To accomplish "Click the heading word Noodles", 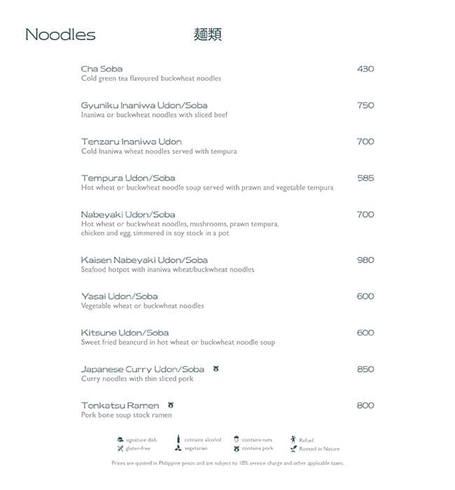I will [60, 35].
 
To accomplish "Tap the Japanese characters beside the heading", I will [207, 35].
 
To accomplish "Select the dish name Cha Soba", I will [101, 69].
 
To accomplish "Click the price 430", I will [365, 69].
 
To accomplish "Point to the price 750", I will [365, 105].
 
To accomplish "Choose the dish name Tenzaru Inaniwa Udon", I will [132, 141].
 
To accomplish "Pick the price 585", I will [365, 178].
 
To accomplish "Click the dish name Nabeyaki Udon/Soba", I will [128, 214].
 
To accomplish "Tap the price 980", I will [365, 260].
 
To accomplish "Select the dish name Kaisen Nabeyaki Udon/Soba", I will [144, 260].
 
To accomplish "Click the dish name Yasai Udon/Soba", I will [120, 296].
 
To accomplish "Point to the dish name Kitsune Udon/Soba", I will [125, 332].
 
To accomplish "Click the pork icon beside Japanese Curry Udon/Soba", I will [216, 368].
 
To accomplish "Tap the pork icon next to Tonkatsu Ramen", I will [171, 405].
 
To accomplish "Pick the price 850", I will [365, 369].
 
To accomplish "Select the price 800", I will [365, 405].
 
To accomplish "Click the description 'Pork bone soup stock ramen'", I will [126, 415].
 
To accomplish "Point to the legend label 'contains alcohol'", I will [202, 440].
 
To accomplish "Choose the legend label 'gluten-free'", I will [138, 448].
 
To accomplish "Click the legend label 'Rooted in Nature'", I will [319, 449].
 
